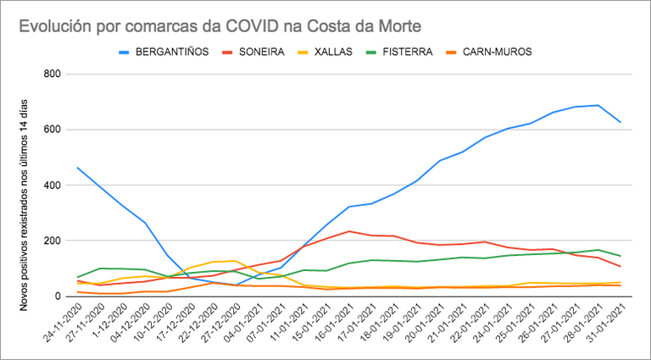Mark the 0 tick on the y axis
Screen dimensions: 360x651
coord(58,296)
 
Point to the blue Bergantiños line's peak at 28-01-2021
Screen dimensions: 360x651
coord(598,105)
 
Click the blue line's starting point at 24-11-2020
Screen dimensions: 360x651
coord(77,168)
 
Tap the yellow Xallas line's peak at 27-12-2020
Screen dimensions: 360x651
coord(236,261)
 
